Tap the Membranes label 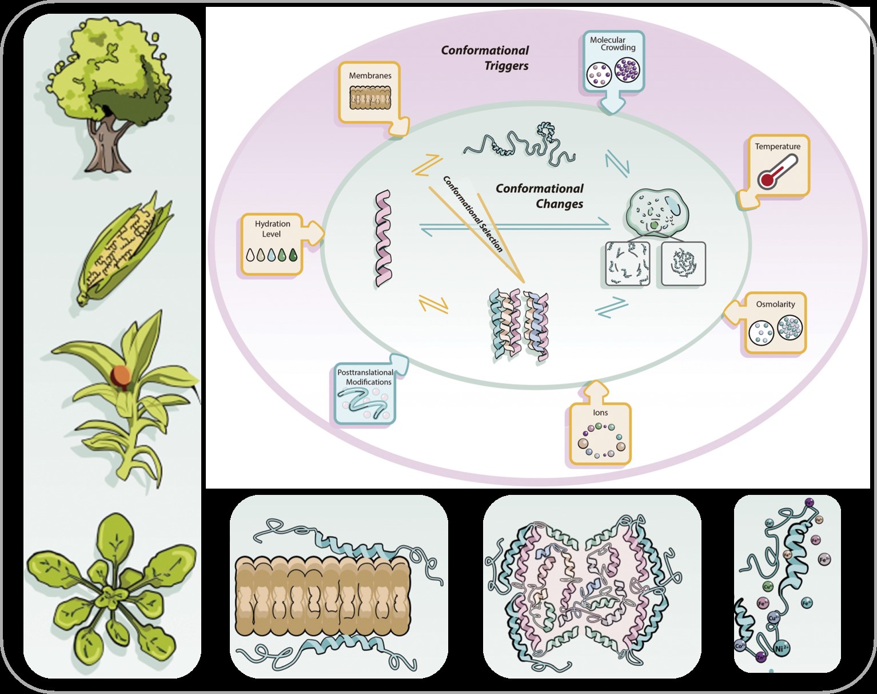click(370, 76)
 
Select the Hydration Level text click(272, 229)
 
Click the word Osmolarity click(775, 304)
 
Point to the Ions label click(600, 413)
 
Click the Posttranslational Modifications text click(365, 377)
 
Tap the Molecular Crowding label click(612, 43)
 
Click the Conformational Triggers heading click(485, 58)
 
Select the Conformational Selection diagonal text click(473, 213)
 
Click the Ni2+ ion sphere click(781, 648)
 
